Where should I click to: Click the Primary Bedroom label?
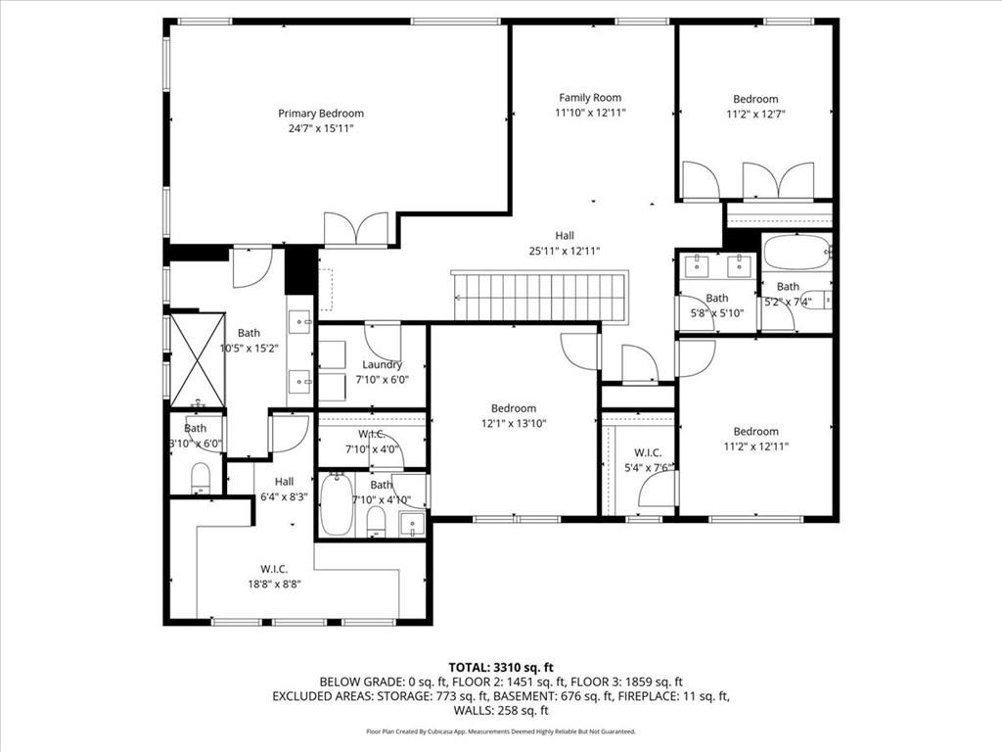pyautogui.click(x=320, y=114)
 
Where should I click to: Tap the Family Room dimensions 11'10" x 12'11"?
pyautogui.click(x=590, y=113)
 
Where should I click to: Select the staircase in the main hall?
pyautogui.click(x=539, y=296)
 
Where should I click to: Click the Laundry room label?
pyautogui.click(x=382, y=364)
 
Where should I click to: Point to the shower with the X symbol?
pyautogui.click(x=198, y=358)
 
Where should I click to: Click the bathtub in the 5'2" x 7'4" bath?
pyautogui.click(x=796, y=253)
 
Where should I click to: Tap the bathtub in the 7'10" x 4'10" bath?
pyautogui.click(x=336, y=503)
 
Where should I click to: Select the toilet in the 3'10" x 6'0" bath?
pyautogui.click(x=201, y=479)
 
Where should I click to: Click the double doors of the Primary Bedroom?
pyautogui.click(x=357, y=229)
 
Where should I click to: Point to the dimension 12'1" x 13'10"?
pyautogui.click(x=513, y=423)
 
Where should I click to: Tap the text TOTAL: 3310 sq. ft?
pyautogui.click(x=500, y=667)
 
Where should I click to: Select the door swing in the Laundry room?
pyautogui.click(x=383, y=342)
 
